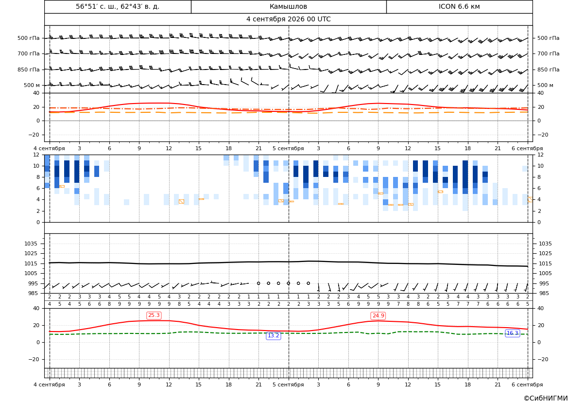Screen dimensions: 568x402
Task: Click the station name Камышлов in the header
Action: (x=288, y=6)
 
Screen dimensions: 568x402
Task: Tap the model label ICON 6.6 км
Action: (x=459, y=6)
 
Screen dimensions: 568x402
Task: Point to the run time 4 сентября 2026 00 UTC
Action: (x=288, y=19)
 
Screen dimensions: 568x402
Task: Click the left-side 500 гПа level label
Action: (x=28, y=38)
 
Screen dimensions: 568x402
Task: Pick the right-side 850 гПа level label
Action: (x=548, y=70)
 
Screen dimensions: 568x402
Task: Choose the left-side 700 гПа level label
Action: (x=28, y=53)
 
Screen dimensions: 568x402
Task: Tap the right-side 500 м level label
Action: (x=545, y=85)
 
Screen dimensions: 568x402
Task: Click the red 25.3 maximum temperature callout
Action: (x=154, y=315)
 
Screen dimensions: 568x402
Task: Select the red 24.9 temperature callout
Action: (x=378, y=316)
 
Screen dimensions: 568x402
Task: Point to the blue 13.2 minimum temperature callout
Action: (x=273, y=336)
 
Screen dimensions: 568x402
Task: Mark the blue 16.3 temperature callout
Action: (x=512, y=333)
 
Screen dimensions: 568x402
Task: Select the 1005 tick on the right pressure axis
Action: (x=545, y=273)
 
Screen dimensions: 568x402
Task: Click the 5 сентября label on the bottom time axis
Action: (x=288, y=385)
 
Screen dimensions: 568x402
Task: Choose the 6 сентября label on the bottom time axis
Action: (x=527, y=385)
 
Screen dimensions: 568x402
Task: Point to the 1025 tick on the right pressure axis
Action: (x=545, y=253)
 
